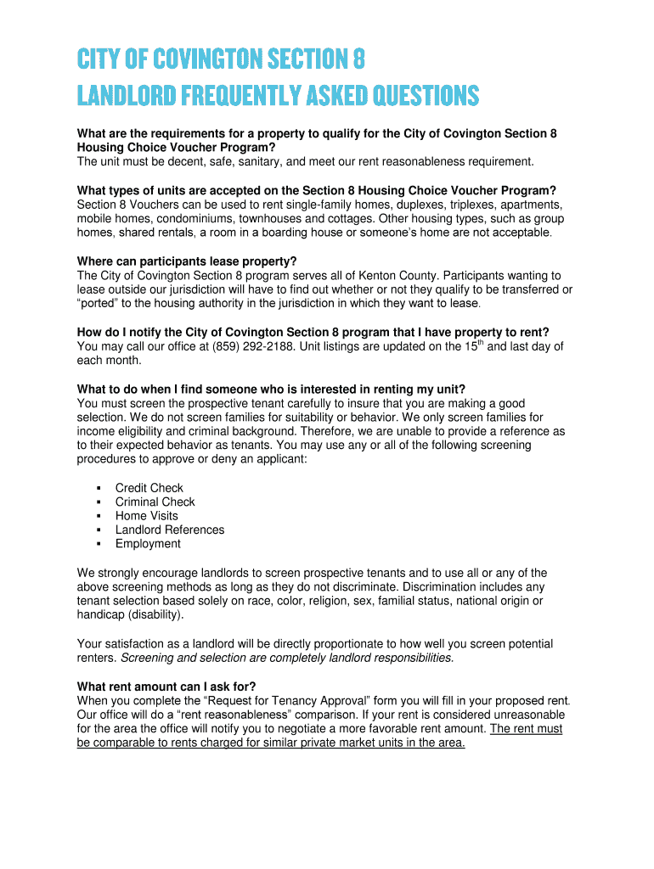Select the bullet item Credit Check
(149, 488)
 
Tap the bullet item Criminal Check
(155, 502)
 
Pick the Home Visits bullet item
(146, 516)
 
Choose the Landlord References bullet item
(170, 530)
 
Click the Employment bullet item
(148, 544)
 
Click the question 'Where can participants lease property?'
(187, 261)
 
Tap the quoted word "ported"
(99, 303)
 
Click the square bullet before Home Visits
(99, 516)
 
